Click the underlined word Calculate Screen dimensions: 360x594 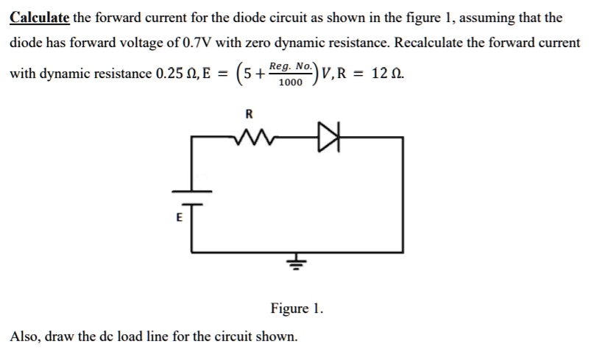click(40, 17)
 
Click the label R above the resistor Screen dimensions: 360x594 click(248, 114)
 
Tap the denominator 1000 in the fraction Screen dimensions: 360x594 click(291, 82)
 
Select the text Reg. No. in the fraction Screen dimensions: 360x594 click(291, 66)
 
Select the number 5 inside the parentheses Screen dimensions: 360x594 click(247, 74)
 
